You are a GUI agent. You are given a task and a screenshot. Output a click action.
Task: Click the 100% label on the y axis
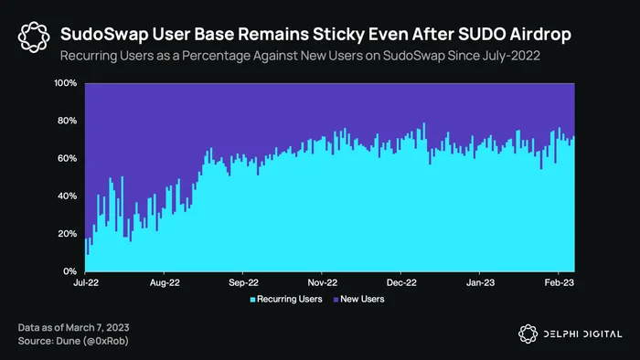coord(65,83)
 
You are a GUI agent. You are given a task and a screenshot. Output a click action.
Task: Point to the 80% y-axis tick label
coord(68,121)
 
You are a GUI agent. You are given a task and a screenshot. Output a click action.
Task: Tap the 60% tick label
coord(68,158)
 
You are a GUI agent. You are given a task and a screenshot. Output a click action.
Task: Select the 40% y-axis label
coord(68,196)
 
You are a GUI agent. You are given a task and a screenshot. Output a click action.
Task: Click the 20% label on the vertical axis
coord(68,234)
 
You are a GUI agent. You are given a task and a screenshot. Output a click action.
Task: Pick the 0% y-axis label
coord(69,271)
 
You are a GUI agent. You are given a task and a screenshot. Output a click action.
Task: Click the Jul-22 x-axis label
coord(86,282)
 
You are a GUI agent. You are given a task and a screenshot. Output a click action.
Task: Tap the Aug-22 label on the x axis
coord(165,282)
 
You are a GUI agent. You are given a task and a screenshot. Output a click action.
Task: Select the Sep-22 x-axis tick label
coord(243,282)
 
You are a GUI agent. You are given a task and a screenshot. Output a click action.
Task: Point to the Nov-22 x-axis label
coord(323,282)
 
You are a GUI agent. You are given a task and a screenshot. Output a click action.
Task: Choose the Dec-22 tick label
coord(401,282)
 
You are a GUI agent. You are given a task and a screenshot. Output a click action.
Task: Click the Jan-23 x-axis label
coord(480,282)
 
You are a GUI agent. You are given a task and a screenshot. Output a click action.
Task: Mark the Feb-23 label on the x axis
coord(560,282)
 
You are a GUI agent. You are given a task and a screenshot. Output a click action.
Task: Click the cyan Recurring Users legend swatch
coord(252,300)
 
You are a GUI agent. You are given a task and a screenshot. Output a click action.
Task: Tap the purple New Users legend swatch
coord(336,300)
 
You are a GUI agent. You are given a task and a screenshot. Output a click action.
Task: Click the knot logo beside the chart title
coord(34,37)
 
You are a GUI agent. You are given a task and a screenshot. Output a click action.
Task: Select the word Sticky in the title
coord(338,35)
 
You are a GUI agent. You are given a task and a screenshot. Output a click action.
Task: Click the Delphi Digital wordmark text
coord(583,334)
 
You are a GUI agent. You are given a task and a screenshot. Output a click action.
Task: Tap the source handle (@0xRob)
coord(106,341)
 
